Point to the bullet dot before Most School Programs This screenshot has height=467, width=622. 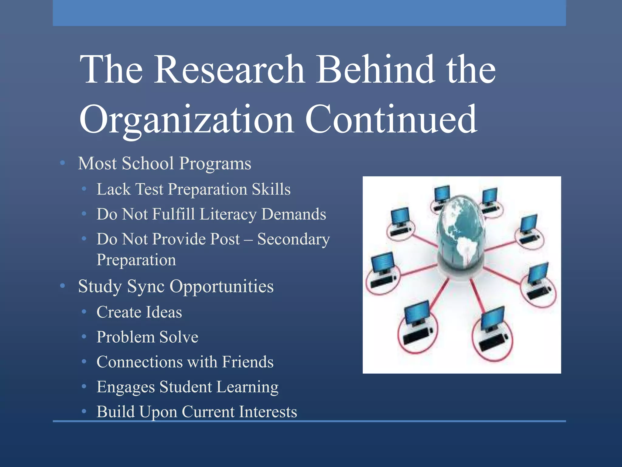pyautogui.click(x=63, y=163)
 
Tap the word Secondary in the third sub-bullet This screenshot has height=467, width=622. pyautogui.click(x=293, y=239)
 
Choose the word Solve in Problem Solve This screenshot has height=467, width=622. pyautogui.click(x=179, y=337)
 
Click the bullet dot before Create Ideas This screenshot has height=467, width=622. pyautogui.click(x=84, y=312)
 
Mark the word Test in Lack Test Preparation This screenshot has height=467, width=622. pyautogui.click(x=149, y=189)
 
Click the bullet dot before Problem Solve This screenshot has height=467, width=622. pyautogui.click(x=84, y=337)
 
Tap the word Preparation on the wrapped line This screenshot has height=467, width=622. pyautogui.click(x=136, y=260)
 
